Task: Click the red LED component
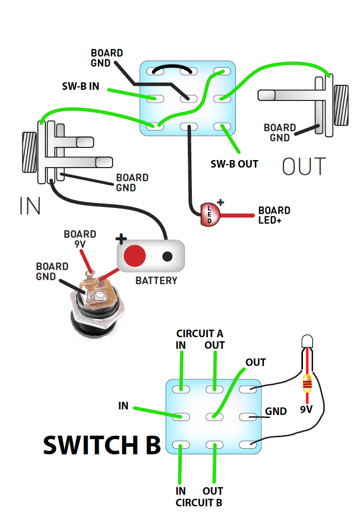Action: pyautogui.click(x=210, y=214)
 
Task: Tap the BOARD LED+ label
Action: pyautogui.click(x=274, y=215)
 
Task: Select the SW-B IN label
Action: pyautogui.click(x=80, y=86)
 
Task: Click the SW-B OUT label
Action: pyautogui.click(x=234, y=164)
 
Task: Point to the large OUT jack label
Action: pyautogui.click(x=304, y=167)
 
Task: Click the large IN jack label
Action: pyautogui.click(x=30, y=206)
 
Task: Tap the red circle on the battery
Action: pyautogui.click(x=135, y=256)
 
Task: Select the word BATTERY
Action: pyautogui.click(x=157, y=281)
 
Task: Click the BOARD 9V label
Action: pyautogui.click(x=80, y=239)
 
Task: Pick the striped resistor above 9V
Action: pyautogui.click(x=306, y=385)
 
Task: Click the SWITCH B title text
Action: pyautogui.click(x=101, y=445)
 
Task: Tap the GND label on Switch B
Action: pyautogui.click(x=276, y=411)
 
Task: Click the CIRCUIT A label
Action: pyautogui.click(x=199, y=334)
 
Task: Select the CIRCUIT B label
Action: pyautogui.click(x=199, y=503)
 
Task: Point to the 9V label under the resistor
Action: pyautogui.click(x=306, y=409)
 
